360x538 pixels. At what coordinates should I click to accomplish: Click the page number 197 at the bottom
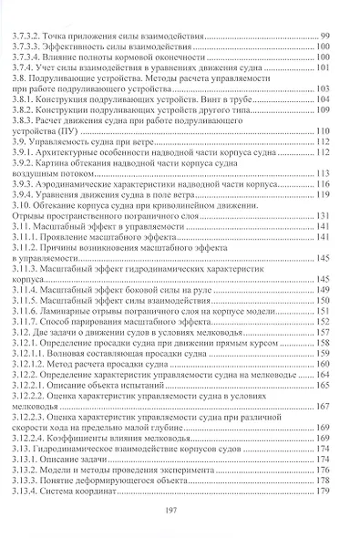tap(179, 512)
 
